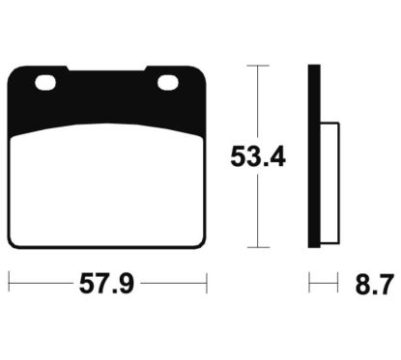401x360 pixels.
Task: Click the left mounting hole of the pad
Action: pyautogui.click(x=45, y=85)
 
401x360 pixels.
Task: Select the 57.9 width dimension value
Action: pyautogui.click(x=109, y=286)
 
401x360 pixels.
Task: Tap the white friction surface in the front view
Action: pyautogui.click(x=108, y=188)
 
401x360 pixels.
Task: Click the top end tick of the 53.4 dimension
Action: pyautogui.click(x=255, y=65)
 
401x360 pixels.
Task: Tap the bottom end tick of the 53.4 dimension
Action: pyautogui.click(x=255, y=247)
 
